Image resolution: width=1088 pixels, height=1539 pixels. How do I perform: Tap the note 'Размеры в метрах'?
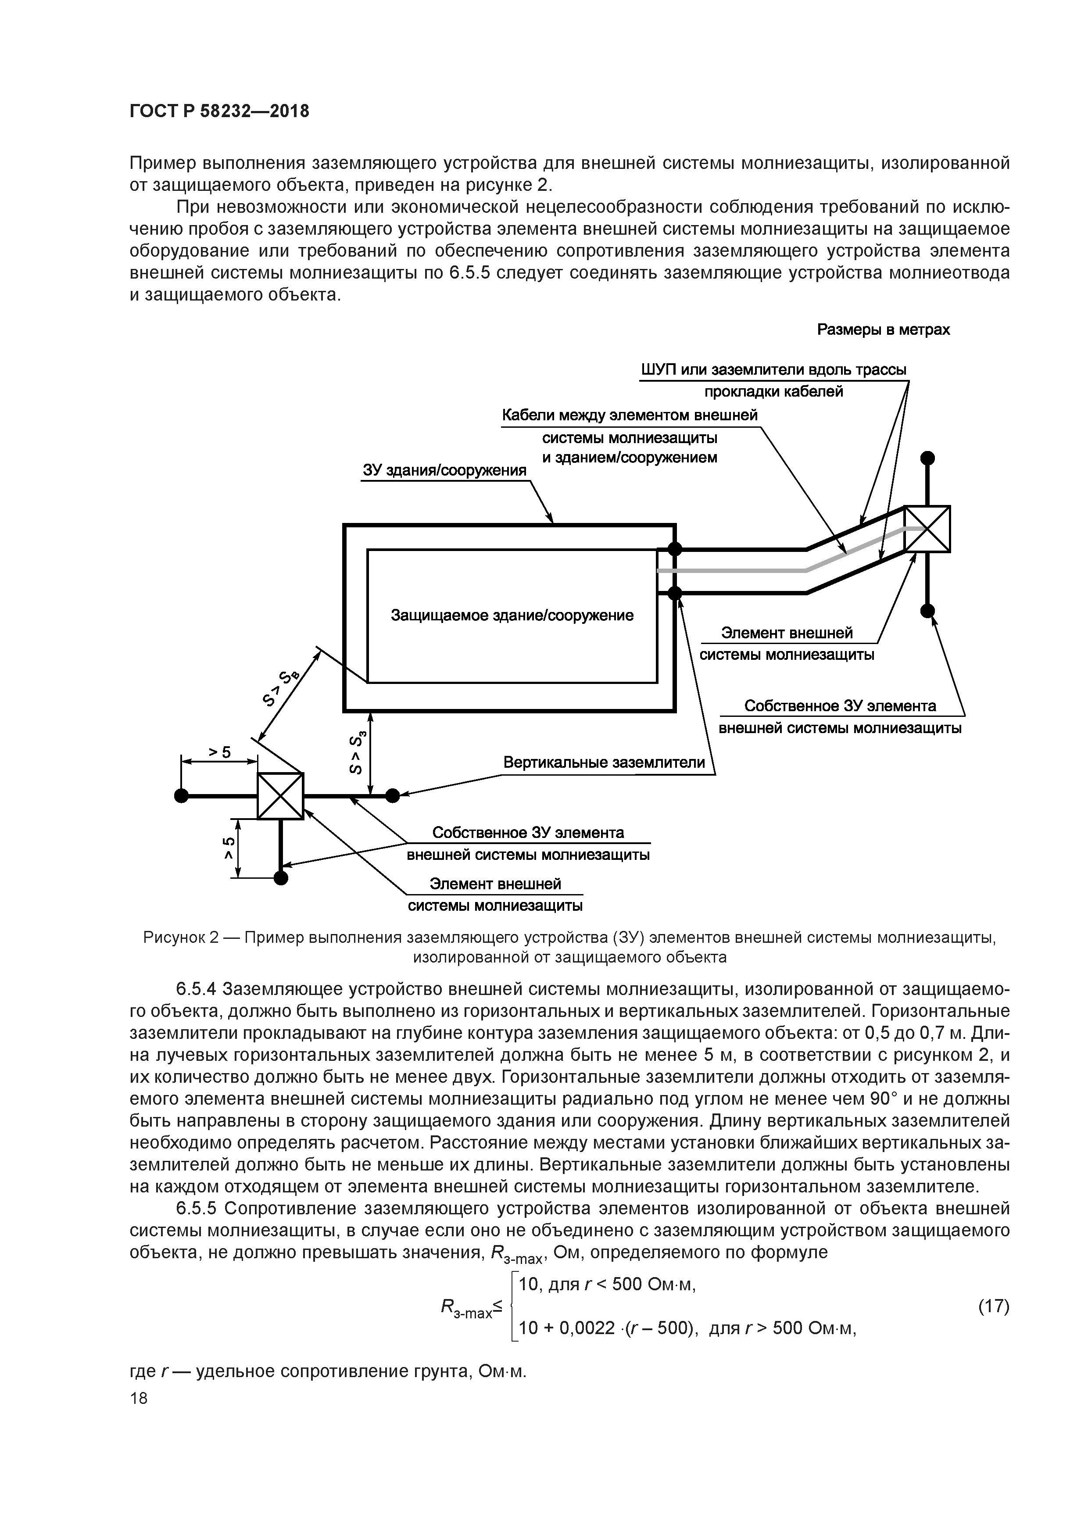pyautogui.click(x=883, y=330)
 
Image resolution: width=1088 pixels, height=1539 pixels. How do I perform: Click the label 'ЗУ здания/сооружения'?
pyautogui.click(x=444, y=470)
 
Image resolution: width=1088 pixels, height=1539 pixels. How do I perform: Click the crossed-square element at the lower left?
pyautogui.click(x=280, y=796)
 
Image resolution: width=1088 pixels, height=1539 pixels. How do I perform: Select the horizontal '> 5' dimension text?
pyautogui.click(x=218, y=752)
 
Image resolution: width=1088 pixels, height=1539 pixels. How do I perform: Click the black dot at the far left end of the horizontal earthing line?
pyautogui.click(x=180, y=796)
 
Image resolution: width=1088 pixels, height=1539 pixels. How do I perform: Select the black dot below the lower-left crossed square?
pyautogui.click(x=280, y=878)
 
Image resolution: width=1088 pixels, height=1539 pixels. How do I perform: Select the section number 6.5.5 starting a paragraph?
pyautogui.click(x=196, y=1209)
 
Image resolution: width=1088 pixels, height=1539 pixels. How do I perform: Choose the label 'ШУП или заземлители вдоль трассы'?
pyautogui.click(x=773, y=370)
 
